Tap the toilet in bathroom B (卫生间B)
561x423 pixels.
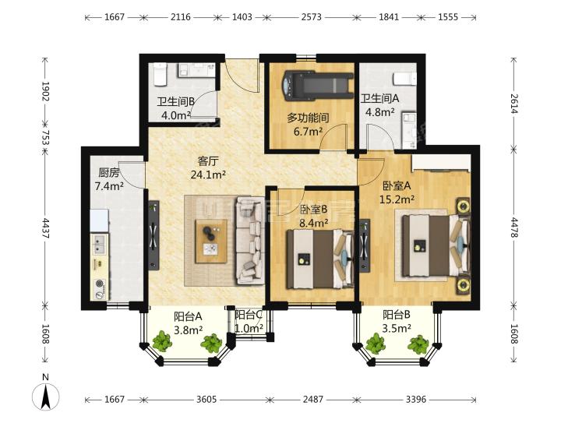[x=160, y=74]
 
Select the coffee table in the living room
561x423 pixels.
[x=211, y=241]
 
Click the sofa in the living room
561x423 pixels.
[x=249, y=240]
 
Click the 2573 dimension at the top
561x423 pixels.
[x=311, y=17]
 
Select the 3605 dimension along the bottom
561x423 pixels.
[x=206, y=399]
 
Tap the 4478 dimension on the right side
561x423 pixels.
[x=514, y=227]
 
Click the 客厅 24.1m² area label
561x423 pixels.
[x=207, y=168]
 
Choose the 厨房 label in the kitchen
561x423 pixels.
[x=109, y=173]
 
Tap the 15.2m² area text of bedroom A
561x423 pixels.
[x=397, y=199]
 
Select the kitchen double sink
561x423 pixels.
[x=99, y=244]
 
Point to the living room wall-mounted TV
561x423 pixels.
[x=153, y=235]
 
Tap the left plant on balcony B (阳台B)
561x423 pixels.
[x=376, y=344]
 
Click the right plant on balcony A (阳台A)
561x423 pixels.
[x=212, y=344]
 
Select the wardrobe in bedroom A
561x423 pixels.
[x=441, y=164]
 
